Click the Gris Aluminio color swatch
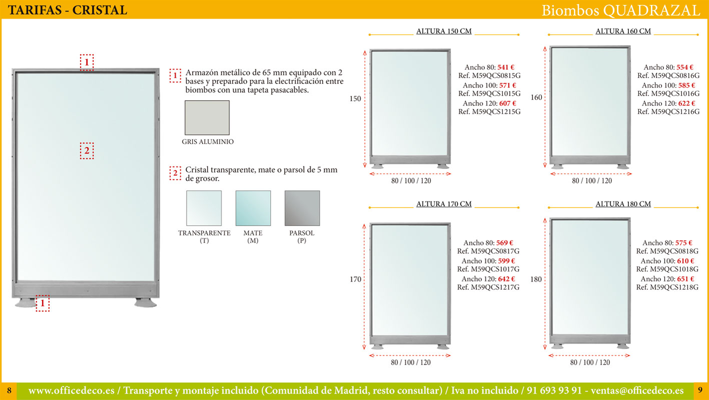[x=207, y=117]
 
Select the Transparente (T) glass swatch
[x=204, y=208]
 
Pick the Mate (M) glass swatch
[x=253, y=208]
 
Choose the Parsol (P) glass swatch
[x=302, y=208]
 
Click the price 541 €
[x=506, y=67]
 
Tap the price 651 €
[x=685, y=279]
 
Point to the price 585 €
[x=686, y=85]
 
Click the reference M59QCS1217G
[x=495, y=287]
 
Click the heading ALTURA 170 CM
[x=444, y=204]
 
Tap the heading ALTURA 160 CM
[x=623, y=31]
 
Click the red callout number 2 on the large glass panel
[x=87, y=151]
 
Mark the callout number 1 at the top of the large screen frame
[x=87, y=62]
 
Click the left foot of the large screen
[x=26, y=302]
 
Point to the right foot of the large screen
[x=145, y=302]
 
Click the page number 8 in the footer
[x=9, y=390]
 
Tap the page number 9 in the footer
[x=700, y=390]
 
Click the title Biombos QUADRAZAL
[x=621, y=10]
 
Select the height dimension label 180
[x=536, y=279]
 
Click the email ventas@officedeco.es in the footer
[x=637, y=391]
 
